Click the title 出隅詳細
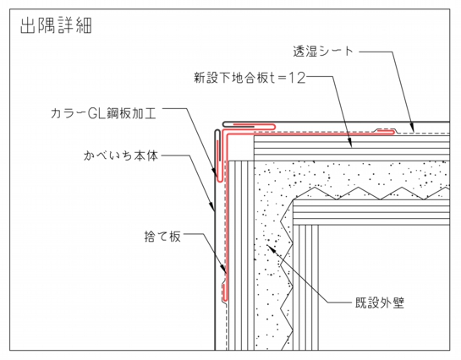click(56, 25)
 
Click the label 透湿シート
click(323, 51)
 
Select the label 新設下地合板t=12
click(250, 78)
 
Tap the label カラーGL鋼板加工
click(103, 113)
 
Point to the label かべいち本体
click(121, 155)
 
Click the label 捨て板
click(162, 236)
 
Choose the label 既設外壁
click(380, 303)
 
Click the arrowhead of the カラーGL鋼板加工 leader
click(215, 172)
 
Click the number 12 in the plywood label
click(298, 78)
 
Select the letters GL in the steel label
click(96, 113)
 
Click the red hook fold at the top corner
click(273, 127)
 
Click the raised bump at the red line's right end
click(386, 131)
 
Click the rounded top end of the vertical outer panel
click(217, 131)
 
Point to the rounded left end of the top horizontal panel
click(224, 124)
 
